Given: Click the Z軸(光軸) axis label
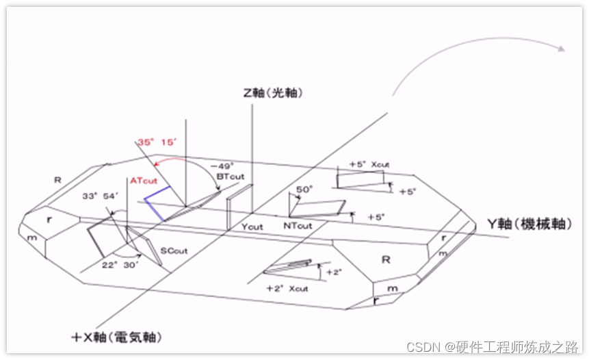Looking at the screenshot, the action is click(272, 93).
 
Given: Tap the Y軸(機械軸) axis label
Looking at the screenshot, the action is click(528, 224).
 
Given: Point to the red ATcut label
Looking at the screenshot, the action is click(144, 181).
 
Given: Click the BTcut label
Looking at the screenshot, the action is click(229, 176).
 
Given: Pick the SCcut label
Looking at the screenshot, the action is click(174, 251).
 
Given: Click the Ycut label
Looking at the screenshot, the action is click(252, 226).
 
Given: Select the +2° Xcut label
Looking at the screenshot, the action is click(287, 289).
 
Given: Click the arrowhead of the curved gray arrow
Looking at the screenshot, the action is click(562, 49).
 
